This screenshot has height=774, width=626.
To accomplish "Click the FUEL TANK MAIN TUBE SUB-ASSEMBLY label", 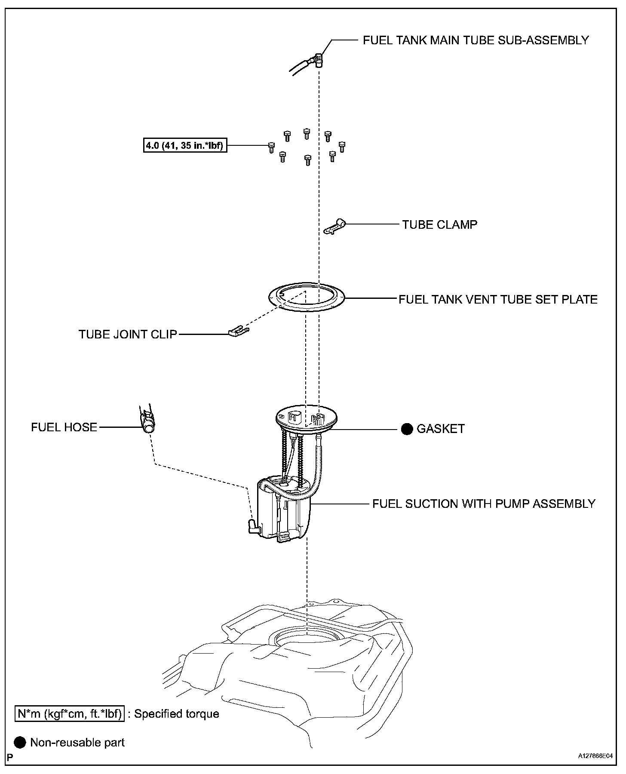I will [476, 40].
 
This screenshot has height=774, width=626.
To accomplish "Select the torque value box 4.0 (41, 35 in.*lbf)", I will [184, 146].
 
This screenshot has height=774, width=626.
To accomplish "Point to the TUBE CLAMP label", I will [439, 224].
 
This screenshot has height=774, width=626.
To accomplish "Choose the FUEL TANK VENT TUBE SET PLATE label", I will [498, 299].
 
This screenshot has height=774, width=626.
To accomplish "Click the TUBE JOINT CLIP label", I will [128, 334].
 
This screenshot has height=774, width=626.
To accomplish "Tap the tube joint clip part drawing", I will [238, 332].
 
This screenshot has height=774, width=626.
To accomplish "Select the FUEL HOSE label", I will [64, 427].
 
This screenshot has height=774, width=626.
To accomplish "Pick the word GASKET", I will [441, 429].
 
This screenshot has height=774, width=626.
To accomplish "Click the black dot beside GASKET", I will [407, 429].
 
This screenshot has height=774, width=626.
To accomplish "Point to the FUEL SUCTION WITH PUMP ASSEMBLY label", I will [484, 504].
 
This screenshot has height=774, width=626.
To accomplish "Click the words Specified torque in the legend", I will [176, 714].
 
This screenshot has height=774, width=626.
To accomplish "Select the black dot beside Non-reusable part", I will [20, 743].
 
